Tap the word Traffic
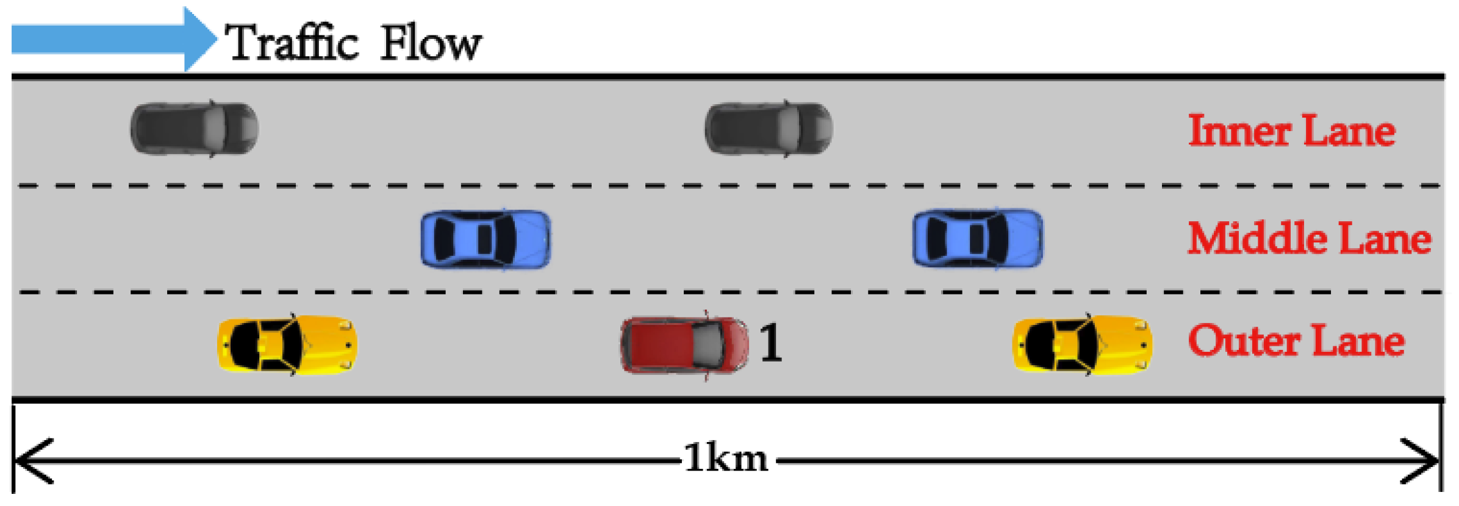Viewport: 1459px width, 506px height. click(292, 43)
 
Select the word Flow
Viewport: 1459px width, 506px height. click(431, 43)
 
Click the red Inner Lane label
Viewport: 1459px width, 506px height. click(1292, 130)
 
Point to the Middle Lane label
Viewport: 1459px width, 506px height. click(1309, 238)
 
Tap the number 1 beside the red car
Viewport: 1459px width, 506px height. click(771, 343)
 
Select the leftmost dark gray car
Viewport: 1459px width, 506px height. click(194, 129)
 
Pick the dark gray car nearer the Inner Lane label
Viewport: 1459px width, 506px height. click(769, 129)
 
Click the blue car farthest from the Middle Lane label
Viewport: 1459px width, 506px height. click(486, 238)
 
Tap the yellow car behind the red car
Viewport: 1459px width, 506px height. click(287, 344)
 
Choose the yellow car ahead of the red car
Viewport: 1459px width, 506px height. click(1082, 344)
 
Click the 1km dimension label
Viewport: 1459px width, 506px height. click(726, 458)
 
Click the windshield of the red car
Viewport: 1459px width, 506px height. click(708, 344)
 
